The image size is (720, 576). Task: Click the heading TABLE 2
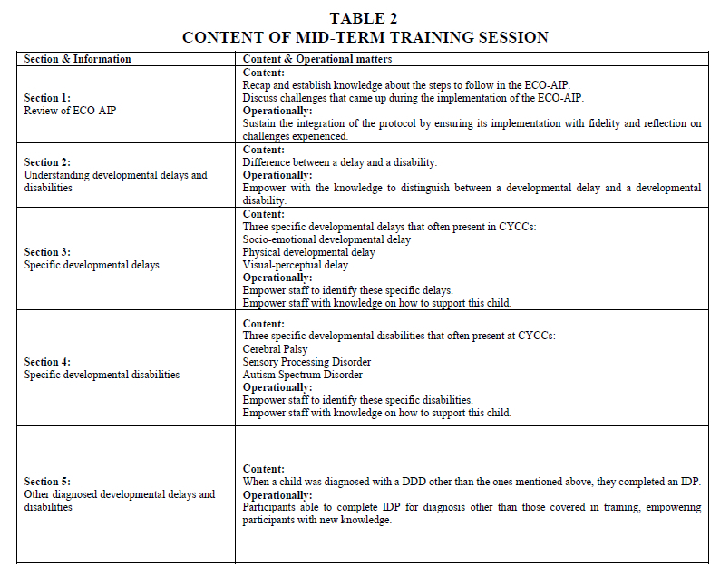point(364,18)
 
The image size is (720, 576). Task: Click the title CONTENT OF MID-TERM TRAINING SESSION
point(365,37)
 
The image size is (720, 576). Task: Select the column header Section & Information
point(77,59)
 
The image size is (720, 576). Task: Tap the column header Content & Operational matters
point(317,59)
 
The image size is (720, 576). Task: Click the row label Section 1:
point(47,97)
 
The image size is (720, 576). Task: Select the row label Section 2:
point(47,162)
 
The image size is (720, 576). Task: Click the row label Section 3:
point(47,252)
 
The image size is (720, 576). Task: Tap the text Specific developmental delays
point(92,265)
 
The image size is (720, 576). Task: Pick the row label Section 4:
point(47,361)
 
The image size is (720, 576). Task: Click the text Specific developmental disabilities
point(102,374)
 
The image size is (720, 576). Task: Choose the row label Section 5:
point(47,482)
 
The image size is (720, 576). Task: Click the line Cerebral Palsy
point(275,348)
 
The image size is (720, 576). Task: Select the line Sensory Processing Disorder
point(306,361)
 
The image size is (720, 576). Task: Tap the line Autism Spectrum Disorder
point(302,374)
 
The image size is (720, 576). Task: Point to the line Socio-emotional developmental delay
point(326,239)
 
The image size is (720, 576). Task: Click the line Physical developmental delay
point(308,252)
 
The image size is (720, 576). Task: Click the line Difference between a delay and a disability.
point(339,162)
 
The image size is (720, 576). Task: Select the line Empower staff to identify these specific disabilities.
point(357,399)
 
